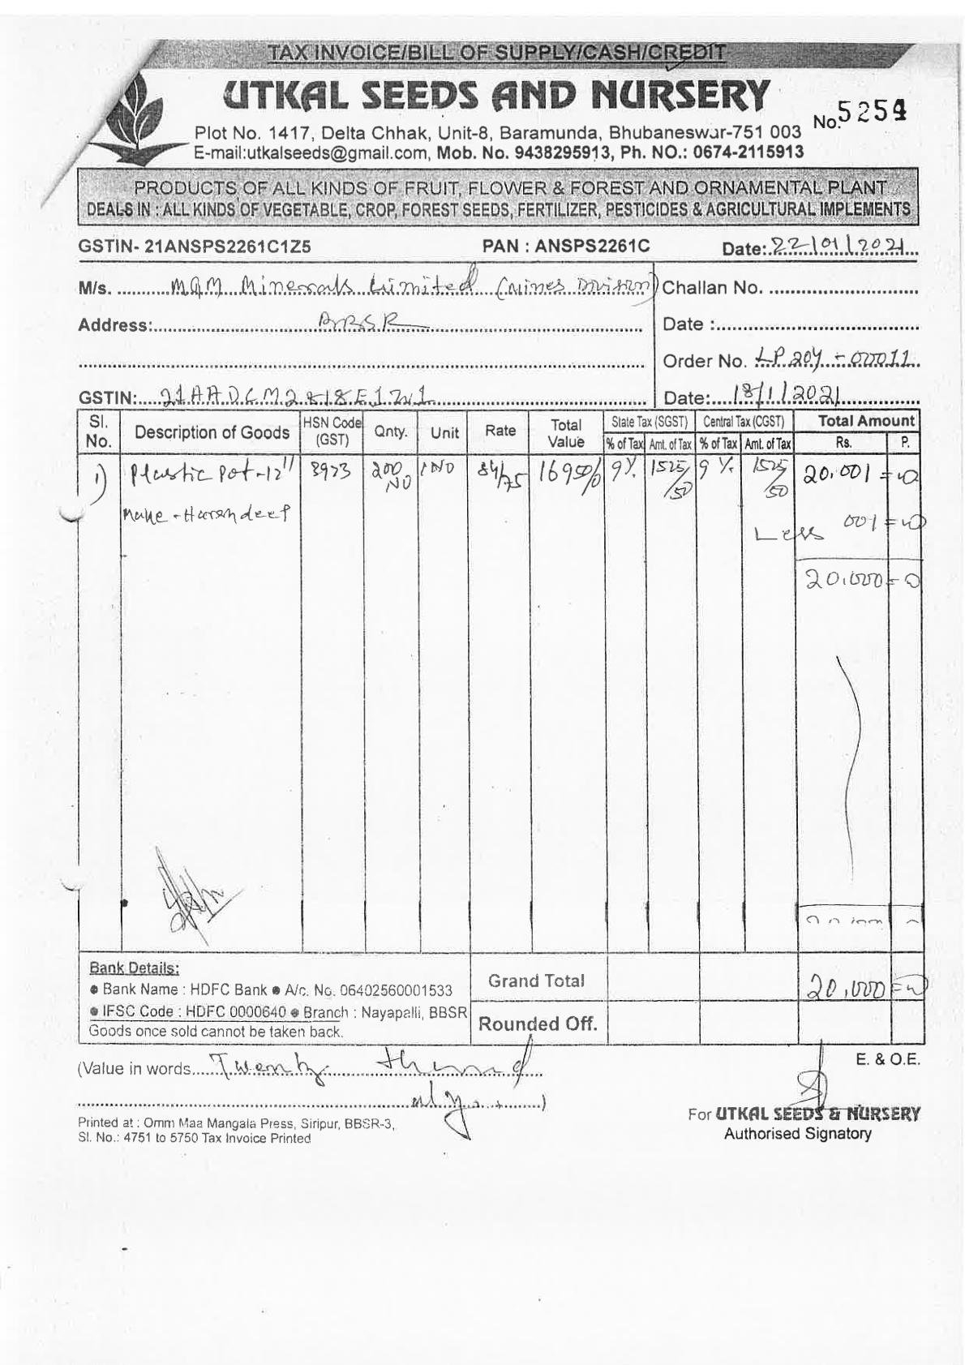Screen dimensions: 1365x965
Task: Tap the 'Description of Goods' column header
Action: point(212,432)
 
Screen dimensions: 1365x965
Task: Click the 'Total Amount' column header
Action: point(866,421)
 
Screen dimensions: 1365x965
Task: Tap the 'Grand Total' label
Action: point(536,981)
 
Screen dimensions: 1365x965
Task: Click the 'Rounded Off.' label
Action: point(538,1024)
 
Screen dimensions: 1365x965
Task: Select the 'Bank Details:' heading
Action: point(134,968)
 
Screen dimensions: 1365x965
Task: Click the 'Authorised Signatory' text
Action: point(797,1134)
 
